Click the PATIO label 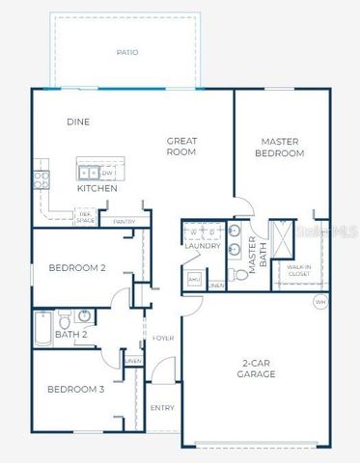pyautogui.click(x=126, y=52)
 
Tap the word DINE pyautogui.click(x=78, y=123)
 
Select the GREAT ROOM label pyautogui.click(x=181, y=146)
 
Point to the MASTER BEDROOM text pyautogui.click(x=280, y=147)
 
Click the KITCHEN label pyautogui.click(x=97, y=189)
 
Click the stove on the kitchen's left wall pyautogui.click(x=41, y=177)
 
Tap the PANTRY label pyautogui.click(x=125, y=222)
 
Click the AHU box pyautogui.click(x=193, y=279)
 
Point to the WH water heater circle pyautogui.click(x=319, y=302)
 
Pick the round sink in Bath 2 pyautogui.click(x=85, y=316)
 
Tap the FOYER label pyautogui.click(x=163, y=339)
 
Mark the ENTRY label pyautogui.click(x=163, y=407)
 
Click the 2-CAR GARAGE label pyautogui.click(x=256, y=368)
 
